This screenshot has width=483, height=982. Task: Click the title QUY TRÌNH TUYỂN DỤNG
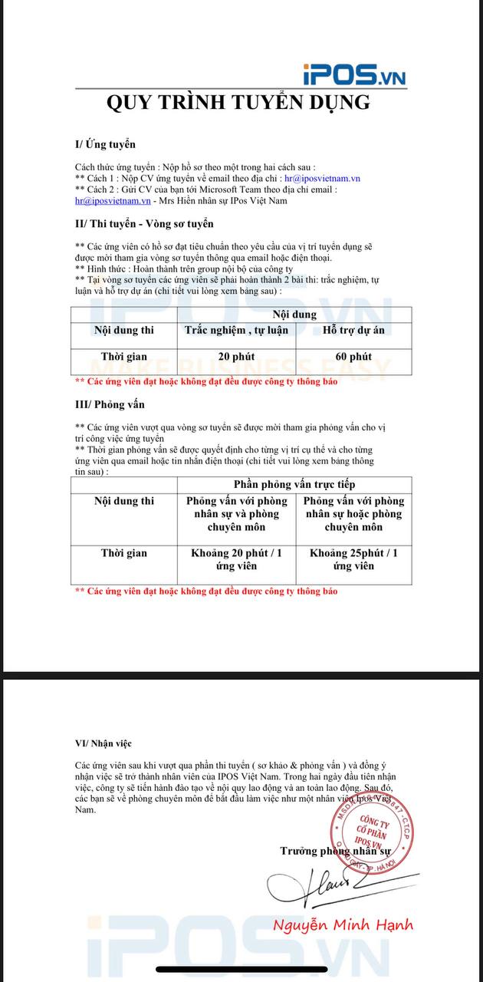pos(238,103)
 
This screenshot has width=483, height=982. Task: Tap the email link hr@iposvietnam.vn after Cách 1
pos(322,178)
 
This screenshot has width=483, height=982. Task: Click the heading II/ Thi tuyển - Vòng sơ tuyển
pos(144,223)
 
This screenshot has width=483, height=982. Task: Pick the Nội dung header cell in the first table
pos(294,315)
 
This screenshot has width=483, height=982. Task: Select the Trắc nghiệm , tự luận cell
pos(236,331)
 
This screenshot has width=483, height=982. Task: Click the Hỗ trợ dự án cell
pos(353,331)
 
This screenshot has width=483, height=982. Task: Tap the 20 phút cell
pos(236,357)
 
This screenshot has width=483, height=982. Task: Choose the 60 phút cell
pos(353,357)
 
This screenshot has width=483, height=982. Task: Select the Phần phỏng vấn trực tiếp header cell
pos(294,484)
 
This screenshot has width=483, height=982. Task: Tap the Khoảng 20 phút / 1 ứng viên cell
pos(236,559)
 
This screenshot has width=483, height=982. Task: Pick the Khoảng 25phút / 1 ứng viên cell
pos(353,559)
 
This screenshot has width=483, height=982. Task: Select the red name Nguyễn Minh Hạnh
pos(343,924)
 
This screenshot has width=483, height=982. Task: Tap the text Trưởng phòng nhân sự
pos(335,851)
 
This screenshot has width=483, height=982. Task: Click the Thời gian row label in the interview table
pos(124,552)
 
